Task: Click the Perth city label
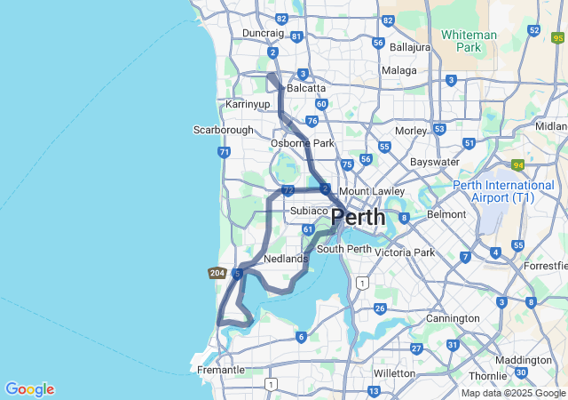359,217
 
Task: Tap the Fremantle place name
220,370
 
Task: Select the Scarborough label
224,130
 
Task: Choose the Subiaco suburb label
309,211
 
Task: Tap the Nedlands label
286,259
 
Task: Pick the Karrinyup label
248,104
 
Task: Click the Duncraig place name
264,33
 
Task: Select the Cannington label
452,317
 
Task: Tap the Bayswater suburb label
435,163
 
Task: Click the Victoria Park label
405,252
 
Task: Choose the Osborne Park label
303,143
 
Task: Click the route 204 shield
217,273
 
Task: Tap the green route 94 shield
517,164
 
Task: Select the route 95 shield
557,38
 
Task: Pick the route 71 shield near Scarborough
224,152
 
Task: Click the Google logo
29,389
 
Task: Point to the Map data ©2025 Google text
513,393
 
